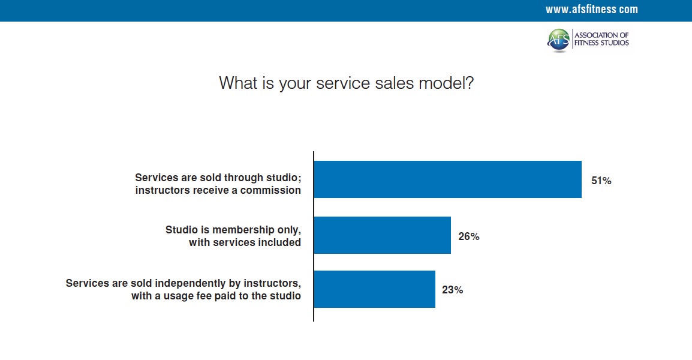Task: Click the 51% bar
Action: pos(447,179)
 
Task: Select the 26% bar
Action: pos(382,235)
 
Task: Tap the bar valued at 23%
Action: pos(374,289)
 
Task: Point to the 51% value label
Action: pos(601,181)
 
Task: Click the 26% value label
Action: pos(469,236)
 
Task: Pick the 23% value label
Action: pos(452,290)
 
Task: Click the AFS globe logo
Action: pos(559,40)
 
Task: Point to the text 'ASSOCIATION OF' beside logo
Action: pos(601,35)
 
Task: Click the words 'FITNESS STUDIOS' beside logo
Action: pos(601,43)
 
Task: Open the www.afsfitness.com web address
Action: pos(591,9)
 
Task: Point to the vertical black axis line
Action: pos(314,236)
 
